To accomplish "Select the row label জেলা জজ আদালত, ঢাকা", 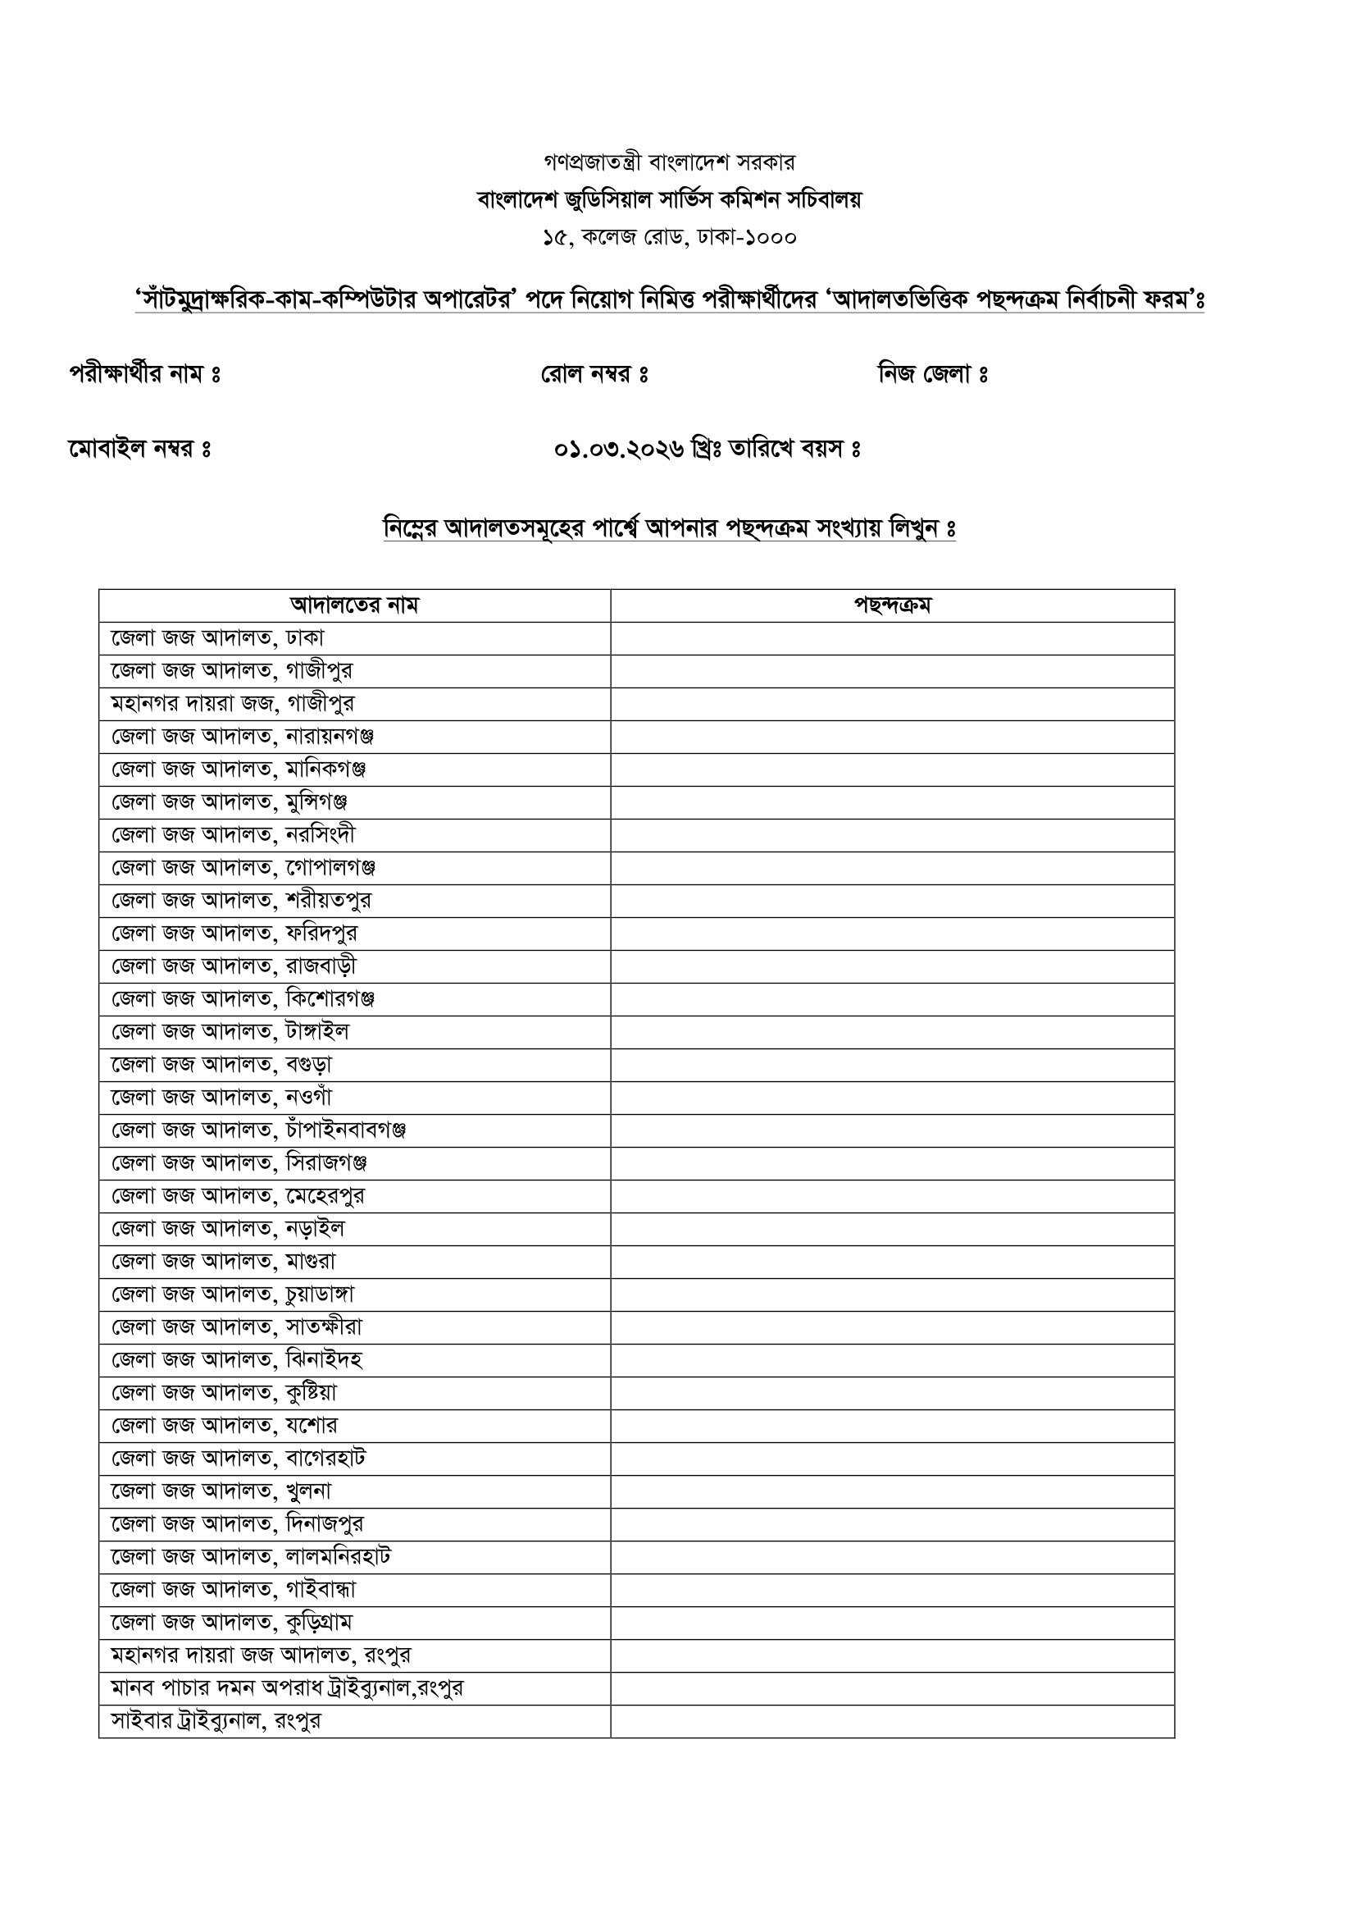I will (x=218, y=638).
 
